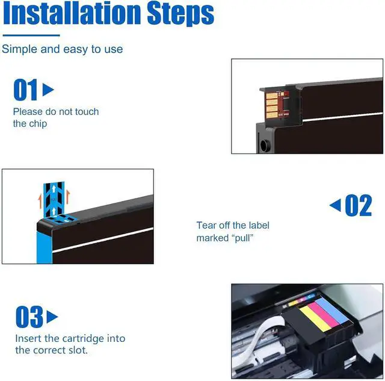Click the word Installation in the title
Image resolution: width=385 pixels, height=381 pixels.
point(72,13)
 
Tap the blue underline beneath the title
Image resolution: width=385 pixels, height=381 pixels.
point(31,36)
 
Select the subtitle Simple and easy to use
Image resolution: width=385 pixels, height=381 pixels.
point(63,49)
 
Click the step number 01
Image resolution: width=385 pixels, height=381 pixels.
point(25,90)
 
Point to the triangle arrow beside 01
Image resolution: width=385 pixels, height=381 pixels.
point(48,90)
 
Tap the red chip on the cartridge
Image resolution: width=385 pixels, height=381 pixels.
point(277,104)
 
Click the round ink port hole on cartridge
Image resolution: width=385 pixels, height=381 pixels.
point(265,146)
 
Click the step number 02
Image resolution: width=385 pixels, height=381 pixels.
point(359,205)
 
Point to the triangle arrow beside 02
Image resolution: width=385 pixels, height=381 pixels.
point(335,205)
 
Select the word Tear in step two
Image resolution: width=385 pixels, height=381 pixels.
point(206,225)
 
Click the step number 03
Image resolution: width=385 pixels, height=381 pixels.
point(29,317)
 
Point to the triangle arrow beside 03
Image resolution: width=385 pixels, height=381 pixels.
point(52,317)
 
